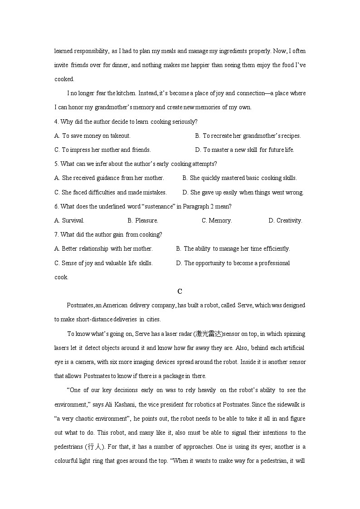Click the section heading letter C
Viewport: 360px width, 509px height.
[x=180, y=291]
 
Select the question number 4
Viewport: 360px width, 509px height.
[x=56, y=121]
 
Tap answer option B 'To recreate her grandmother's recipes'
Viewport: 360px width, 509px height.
[x=248, y=136]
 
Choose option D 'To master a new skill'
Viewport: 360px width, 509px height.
[x=245, y=150]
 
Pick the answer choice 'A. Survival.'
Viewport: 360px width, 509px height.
[x=69, y=220]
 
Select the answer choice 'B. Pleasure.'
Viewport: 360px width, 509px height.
[x=143, y=220]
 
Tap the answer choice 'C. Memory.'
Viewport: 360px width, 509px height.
[x=217, y=220]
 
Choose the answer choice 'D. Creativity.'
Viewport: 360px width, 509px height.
[x=285, y=220]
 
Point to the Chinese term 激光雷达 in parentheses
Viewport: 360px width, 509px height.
[x=208, y=334]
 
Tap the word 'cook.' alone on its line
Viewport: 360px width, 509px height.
[x=62, y=277]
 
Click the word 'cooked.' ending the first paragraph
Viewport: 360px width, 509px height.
[x=64, y=79]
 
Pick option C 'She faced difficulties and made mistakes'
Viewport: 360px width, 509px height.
[x=111, y=192]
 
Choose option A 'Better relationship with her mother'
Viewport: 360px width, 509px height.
[x=103, y=248]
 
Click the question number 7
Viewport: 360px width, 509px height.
[x=56, y=234]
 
